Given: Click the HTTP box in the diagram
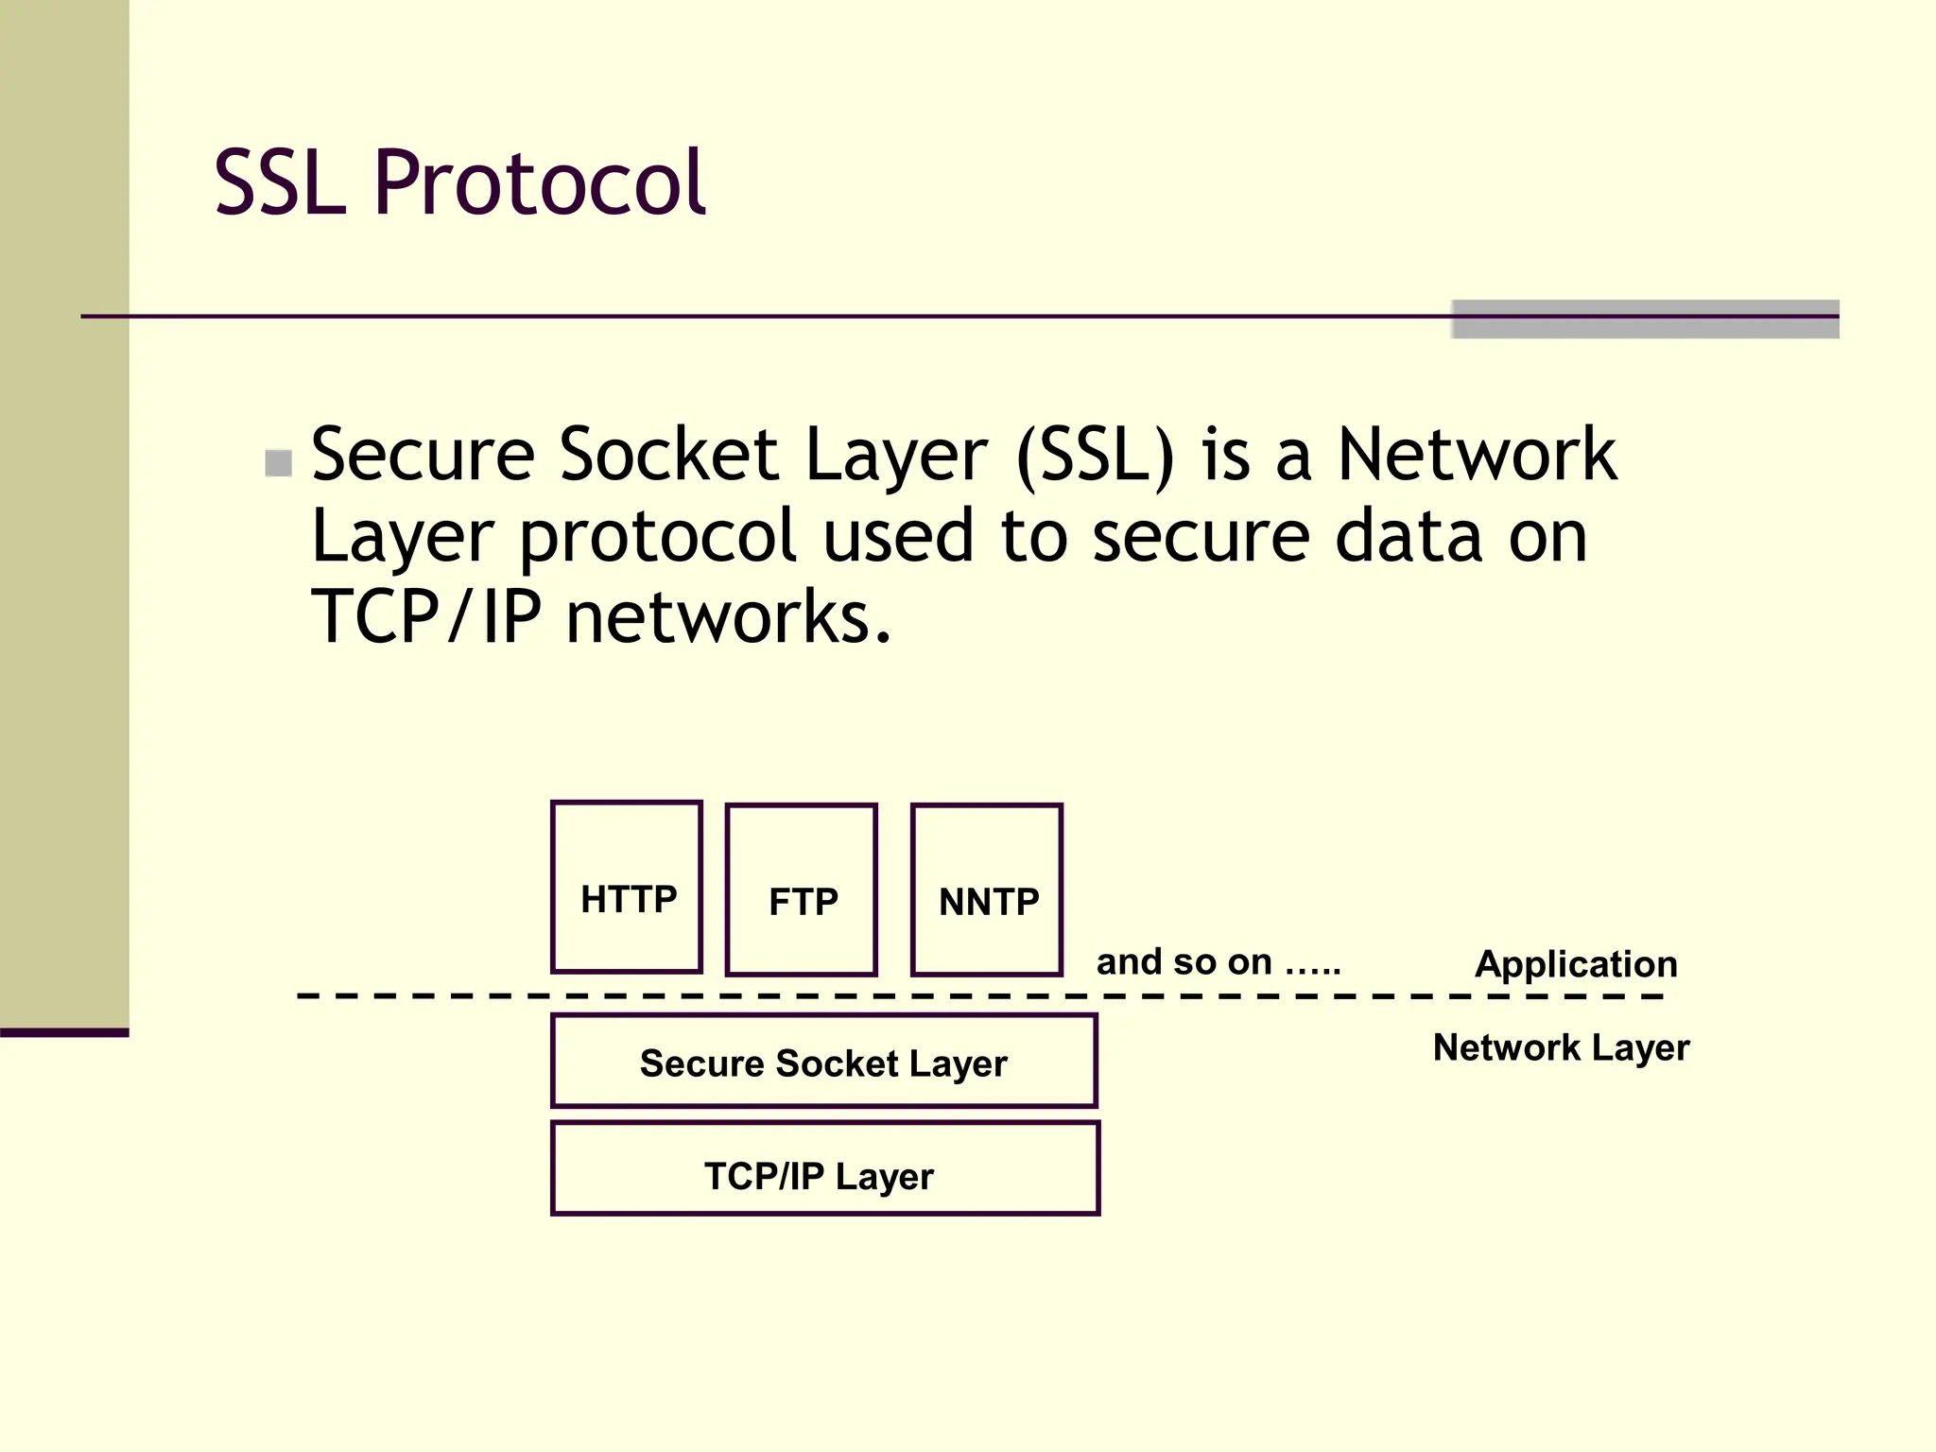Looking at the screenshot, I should coord(627,887).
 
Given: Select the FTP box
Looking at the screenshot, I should coord(802,890).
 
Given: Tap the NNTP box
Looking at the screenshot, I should coord(987,890).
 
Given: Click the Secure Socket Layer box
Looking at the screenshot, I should coord(823,1062).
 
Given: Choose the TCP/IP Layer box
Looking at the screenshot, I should coord(824,1168).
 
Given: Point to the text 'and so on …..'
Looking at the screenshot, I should coord(1218,962).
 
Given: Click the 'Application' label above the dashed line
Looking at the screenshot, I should coord(1576,964).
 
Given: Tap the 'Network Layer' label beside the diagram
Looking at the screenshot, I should coord(1561,1047).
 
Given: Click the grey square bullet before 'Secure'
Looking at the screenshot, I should coord(278,463).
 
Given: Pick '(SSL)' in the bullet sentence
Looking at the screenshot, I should coord(1095,456).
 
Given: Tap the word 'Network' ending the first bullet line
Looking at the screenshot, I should coord(1477,456).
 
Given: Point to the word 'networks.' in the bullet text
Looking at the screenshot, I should coord(728,617).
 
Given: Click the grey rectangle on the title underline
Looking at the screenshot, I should coord(1645,320).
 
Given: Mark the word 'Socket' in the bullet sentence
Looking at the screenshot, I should coord(668,456).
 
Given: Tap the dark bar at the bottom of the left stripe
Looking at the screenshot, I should coord(64,1032).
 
